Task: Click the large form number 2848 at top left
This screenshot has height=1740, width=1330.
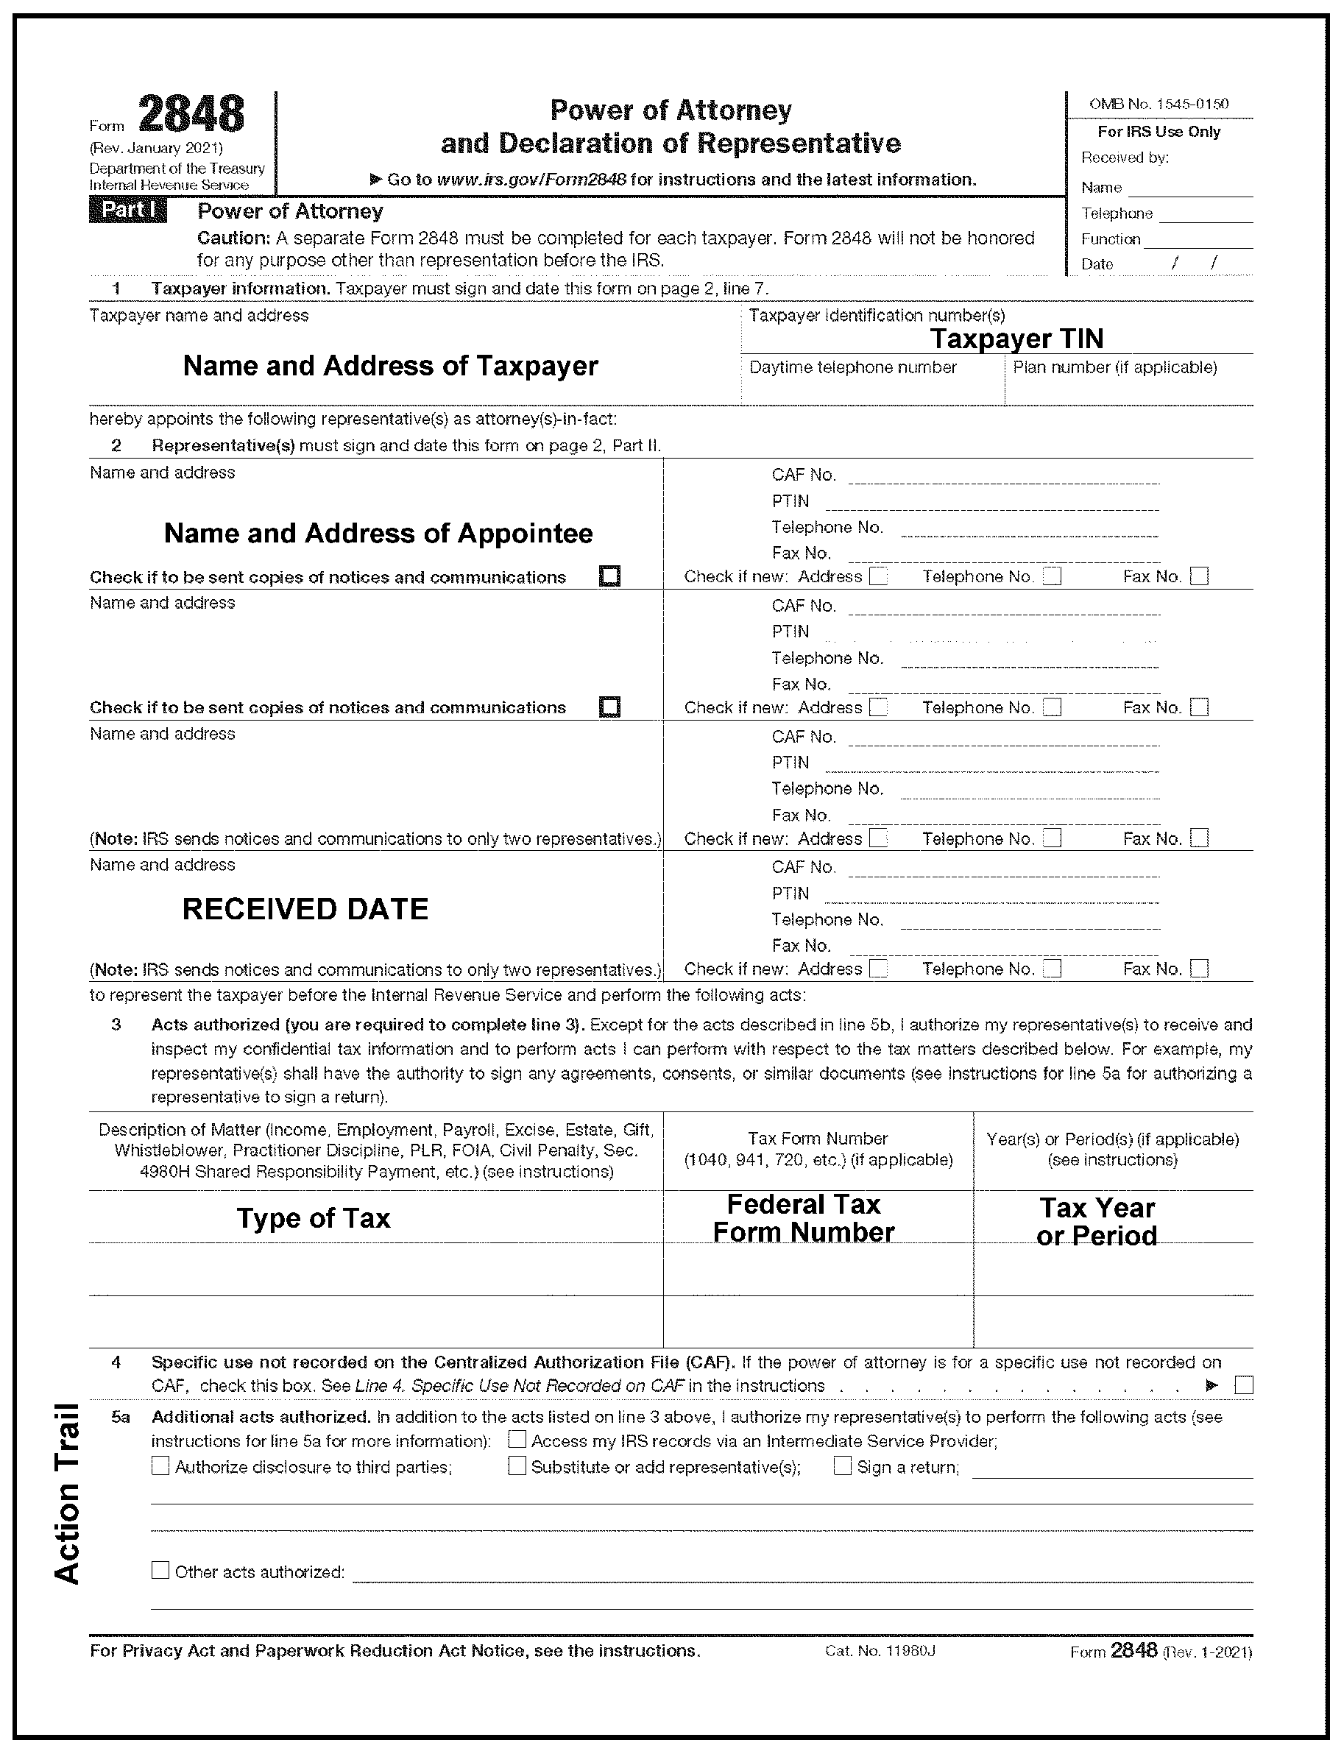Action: tap(191, 115)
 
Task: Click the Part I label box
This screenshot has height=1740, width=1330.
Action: tap(127, 211)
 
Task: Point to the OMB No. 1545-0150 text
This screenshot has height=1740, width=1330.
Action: tap(1159, 104)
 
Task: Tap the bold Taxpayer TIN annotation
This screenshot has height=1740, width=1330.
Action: tap(1016, 339)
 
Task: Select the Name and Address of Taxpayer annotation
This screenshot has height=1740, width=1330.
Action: tap(390, 366)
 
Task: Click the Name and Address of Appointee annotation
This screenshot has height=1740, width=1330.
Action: tap(378, 534)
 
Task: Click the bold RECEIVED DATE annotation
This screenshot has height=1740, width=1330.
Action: tap(305, 909)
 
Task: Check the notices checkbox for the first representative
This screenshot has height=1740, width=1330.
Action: tap(609, 576)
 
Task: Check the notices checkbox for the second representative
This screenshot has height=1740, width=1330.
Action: tap(609, 707)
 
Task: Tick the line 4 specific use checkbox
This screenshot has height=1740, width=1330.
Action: tap(1244, 1385)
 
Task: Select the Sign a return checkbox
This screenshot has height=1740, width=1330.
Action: tap(842, 1466)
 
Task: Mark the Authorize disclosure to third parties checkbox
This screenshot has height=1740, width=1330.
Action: tap(160, 1466)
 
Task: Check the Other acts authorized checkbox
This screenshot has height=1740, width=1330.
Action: tap(160, 1571)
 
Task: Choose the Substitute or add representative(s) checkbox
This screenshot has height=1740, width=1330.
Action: tap(517, 1466)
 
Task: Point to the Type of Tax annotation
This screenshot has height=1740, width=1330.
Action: tap(314, 1218)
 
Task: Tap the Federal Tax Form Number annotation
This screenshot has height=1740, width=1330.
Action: tap(803, 1218)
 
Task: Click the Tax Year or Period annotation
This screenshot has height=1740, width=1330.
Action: tap(1097, 1222)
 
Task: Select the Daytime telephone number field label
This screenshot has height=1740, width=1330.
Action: tap(852, 367)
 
